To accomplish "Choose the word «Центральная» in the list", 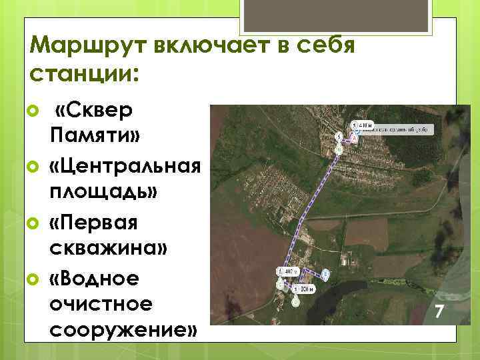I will pyautogui.click(x=124, y=165).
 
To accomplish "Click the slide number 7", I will pyautogui.click(x=439, y=311).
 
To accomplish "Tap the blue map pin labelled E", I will pyautogui.click(x=325, y=274).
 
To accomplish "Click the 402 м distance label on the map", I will pyautogui.click(x=287, y=272).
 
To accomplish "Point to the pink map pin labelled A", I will pyautogui.click(x=353, y=137).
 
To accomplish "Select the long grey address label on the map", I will pyautogui.click(x=400, y=128).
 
